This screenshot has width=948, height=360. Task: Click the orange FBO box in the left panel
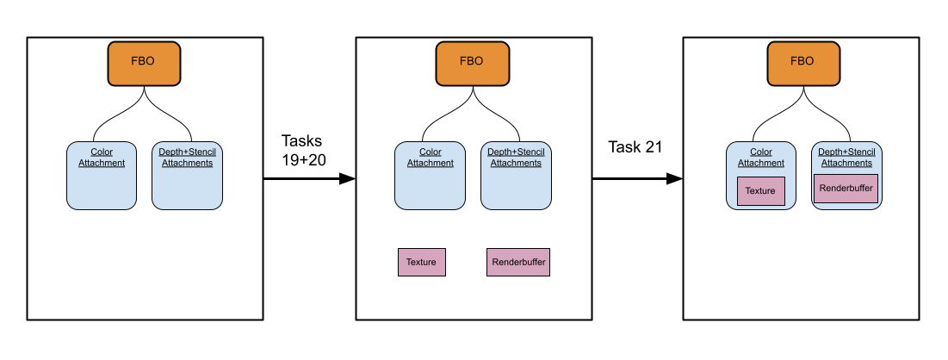tap(144, 64)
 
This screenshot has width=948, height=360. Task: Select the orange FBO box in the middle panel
tap(472, 64)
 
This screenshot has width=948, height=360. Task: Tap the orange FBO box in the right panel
tap(803, 64)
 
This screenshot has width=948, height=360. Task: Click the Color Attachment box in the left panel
tap(102, 176)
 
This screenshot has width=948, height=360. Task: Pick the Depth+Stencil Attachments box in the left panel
tap(187, 176)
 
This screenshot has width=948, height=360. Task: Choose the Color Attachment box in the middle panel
tap(430, 176)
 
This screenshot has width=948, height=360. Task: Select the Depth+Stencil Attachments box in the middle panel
tap(516, 176)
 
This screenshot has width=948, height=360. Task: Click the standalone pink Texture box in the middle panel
tap(421, 262)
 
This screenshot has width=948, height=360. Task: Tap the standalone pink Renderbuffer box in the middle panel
tap(518, 262)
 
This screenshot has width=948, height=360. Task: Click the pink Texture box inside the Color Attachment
tap(760, 191)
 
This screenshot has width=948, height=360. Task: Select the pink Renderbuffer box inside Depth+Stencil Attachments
tap(846, 188)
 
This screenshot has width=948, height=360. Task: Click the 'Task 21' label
tap(635, 147)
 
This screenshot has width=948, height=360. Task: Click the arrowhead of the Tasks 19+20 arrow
tap(347, 178)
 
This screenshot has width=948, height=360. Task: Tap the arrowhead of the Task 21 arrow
tap(675, 178)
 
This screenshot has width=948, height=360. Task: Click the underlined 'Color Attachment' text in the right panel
tap(760, 158)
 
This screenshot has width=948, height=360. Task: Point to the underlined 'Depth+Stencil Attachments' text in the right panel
tap(846, 158)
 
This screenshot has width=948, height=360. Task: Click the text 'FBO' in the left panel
tap(143, 61)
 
